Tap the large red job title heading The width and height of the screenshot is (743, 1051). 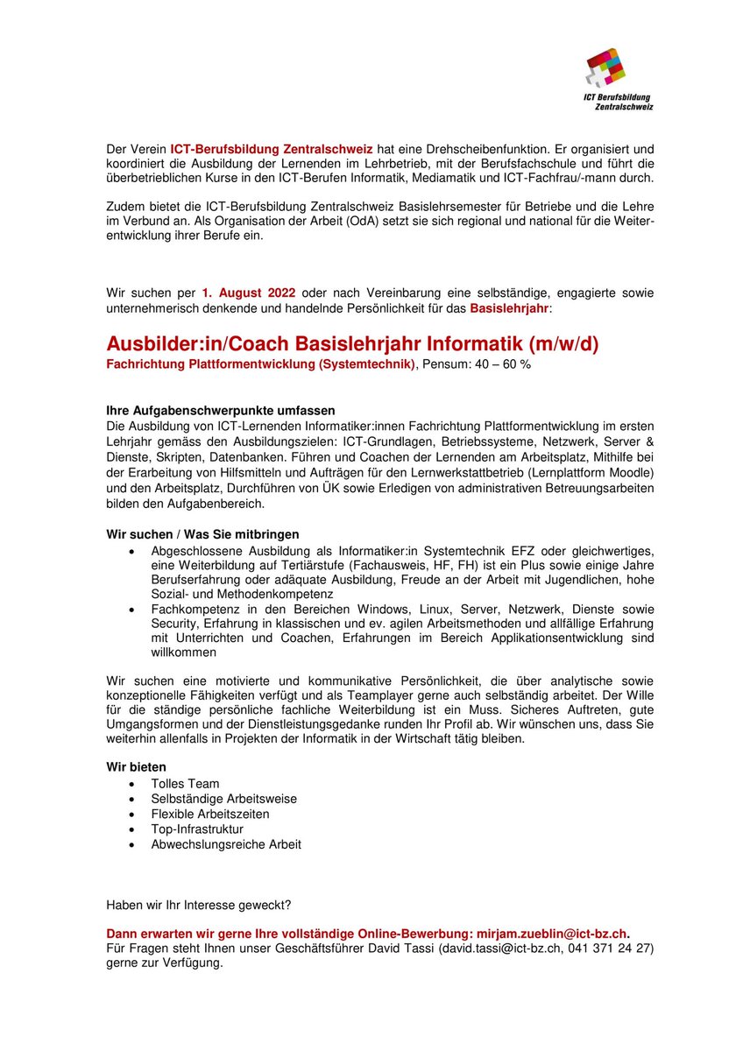click(352, 344)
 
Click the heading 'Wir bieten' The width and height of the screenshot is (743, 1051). click(136, 767)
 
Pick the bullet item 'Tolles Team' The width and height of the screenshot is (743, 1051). click(185, 784)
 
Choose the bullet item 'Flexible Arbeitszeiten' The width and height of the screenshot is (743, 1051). click(210, 814)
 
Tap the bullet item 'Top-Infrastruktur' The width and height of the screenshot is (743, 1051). click(197, 829)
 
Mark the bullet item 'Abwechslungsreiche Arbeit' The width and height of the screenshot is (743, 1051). click(226, 844)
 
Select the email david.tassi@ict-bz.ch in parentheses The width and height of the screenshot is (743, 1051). click(497, 949)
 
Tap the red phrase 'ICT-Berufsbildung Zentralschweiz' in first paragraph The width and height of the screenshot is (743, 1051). click(272, 150)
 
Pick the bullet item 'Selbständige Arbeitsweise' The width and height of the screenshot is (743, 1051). click(223, 799)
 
